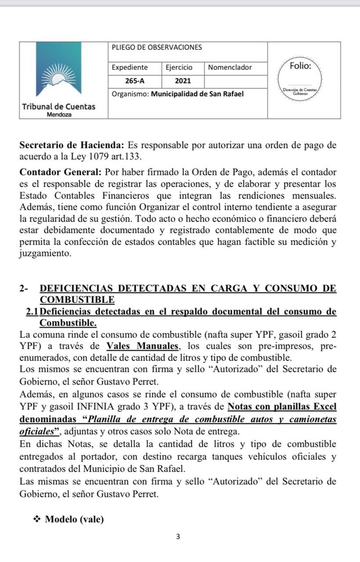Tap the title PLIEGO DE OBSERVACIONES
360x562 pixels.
157,47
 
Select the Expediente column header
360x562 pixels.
130,68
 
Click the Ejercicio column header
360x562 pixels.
179,68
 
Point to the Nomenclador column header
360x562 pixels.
230,68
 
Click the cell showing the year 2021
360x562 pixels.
183,81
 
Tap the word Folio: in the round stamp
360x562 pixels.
301,67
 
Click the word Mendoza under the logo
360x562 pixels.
59,114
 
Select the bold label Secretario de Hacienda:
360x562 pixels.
73,145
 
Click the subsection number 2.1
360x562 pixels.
32,311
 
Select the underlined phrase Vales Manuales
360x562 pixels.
140,346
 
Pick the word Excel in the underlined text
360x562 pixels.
324,407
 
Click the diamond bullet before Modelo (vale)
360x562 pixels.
37,520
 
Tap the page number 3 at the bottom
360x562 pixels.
178,537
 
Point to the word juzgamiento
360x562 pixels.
45,254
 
